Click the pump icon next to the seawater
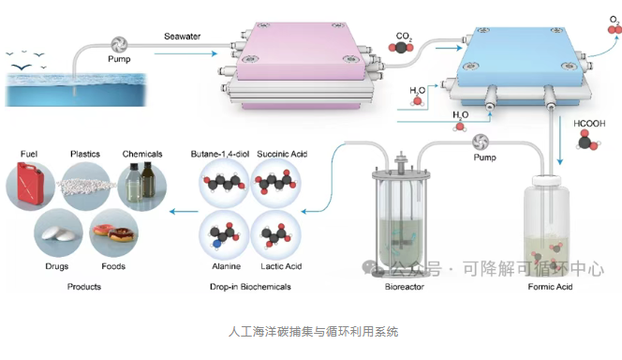point(119,45)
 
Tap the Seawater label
point(183,37)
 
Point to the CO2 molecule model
point(401,48)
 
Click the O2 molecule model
point(615,30)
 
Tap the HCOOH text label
point(589,124)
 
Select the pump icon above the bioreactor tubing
point(481,142)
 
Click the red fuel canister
point(29,185)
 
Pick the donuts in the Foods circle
point(115,232)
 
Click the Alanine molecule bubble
point(224,235)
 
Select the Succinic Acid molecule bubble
point(276,183)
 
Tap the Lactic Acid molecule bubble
point(276,235)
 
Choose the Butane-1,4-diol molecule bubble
point(224,183)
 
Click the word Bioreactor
point(405,287)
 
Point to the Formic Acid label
point(550,287)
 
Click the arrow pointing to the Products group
point(184,212)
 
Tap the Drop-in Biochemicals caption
point(250,287)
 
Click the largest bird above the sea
point(21,67)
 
